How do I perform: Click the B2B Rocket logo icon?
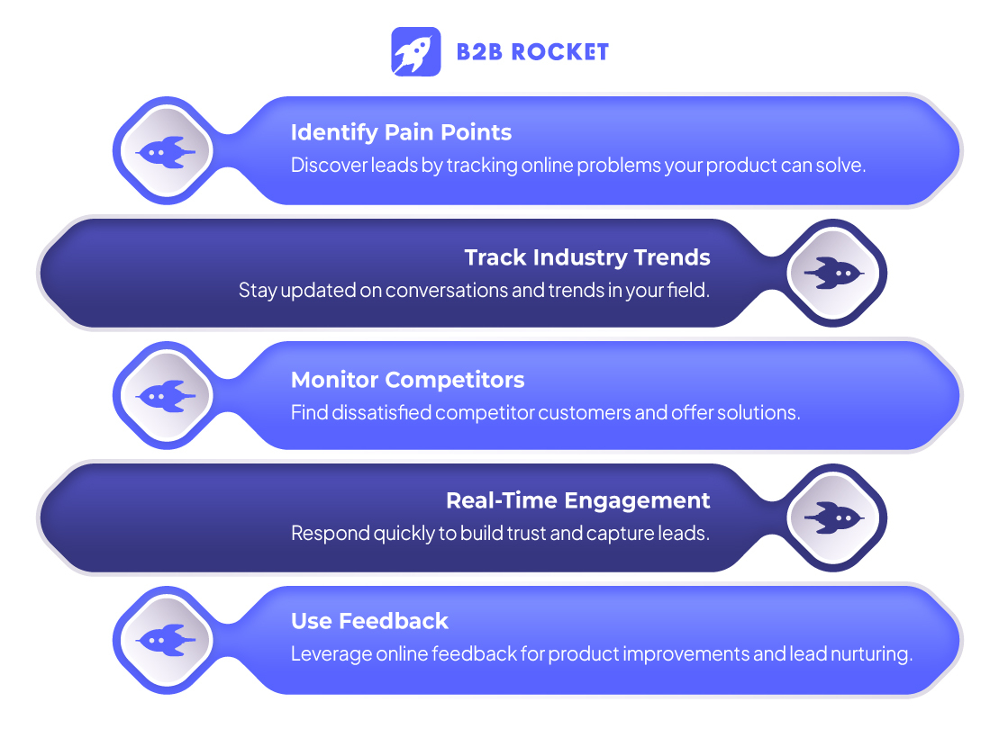click(416, 51)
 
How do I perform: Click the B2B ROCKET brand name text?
click(532, 52)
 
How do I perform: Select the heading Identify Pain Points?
click(401, 132)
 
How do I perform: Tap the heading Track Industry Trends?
click(587, 257)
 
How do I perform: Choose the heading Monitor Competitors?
click(407, 380)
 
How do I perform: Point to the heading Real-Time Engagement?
click(578, 500)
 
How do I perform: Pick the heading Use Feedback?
click(369, 621)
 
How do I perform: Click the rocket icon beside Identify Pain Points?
click(166, 152)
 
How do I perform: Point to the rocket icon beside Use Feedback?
click(166, 639)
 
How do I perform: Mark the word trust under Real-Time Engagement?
click(522, 534)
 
